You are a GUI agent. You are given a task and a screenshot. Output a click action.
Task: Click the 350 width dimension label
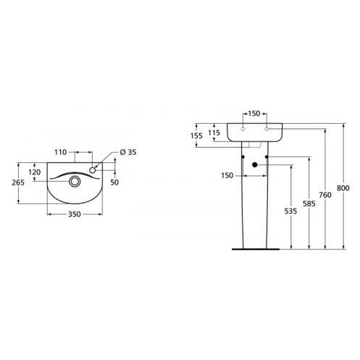[75, 214]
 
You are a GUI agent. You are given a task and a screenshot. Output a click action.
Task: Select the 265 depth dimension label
[18, 183]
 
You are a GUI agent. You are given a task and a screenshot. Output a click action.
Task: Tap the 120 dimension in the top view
[35, 172]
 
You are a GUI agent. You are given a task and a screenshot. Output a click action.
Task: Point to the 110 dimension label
[60, 152]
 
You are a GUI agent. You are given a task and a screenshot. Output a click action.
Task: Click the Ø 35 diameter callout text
[128, 152]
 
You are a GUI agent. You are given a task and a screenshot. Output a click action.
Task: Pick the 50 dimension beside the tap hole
[114, 183]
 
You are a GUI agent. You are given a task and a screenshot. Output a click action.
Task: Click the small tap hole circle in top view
[93, 170]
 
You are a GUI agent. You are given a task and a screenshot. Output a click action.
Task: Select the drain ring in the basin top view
[75, 181]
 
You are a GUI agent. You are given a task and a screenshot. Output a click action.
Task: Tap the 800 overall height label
[343, 188]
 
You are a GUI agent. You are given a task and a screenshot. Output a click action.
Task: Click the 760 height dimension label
[325, 195]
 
